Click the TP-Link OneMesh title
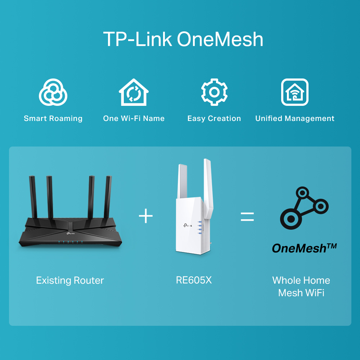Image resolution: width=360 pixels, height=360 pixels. (x=183, y=39)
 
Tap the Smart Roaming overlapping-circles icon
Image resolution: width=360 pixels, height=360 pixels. (x=53, y=93)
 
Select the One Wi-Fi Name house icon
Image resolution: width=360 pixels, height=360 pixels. (x=134, y=93)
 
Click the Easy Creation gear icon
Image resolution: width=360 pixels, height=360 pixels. (x=214, y=93)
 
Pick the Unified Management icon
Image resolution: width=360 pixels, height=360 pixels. (x=294, y=93)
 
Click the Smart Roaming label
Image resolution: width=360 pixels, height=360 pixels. (x=53, y=118)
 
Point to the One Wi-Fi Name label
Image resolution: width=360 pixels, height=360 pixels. (x=134, y=118)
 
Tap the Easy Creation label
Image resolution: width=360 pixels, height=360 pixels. (x=214, y=118)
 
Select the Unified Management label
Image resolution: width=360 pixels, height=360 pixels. (x=294, y=118)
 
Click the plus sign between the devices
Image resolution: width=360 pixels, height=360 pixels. (x=146, y=216)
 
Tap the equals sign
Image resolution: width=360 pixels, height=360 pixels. (x=247, y=216)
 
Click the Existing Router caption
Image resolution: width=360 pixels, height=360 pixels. (x=70, y=280)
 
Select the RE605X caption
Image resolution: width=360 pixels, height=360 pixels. (x=194, y=280)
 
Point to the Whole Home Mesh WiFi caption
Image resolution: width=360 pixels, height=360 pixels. (x=301, y=287)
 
